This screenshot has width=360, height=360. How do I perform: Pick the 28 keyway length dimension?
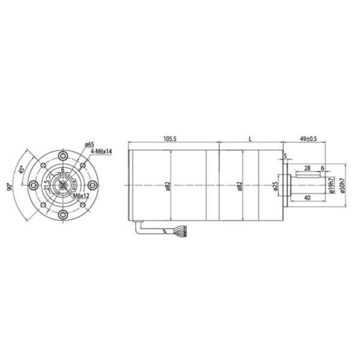coord(307,168)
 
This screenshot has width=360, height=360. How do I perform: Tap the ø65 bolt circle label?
coord(89,144)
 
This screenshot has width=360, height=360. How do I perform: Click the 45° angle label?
coord(22,170)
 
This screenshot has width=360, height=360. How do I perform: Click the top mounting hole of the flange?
coord(62,155)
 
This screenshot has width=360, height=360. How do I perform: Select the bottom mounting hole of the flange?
coord(62,215)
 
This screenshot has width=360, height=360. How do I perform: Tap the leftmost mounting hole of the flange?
coord(33,185)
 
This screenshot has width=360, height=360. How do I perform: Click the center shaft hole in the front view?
coord(62,185)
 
